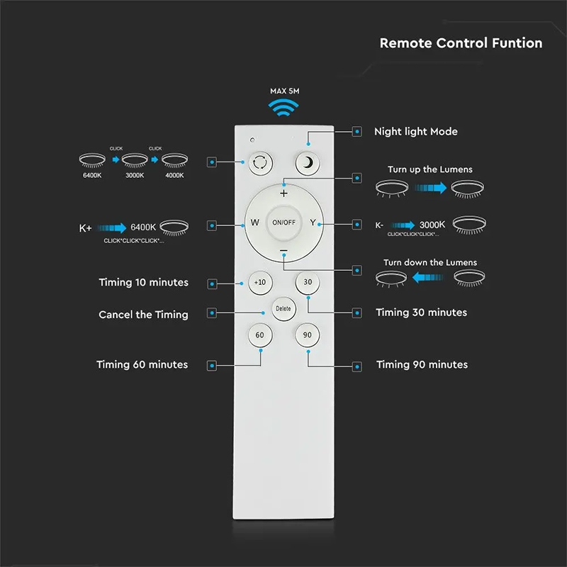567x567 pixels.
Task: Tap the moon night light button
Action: (308, 163)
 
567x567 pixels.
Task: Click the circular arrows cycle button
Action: (260, 163)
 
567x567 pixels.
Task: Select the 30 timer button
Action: (308, 282)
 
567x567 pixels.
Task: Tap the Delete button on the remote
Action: (283, 309)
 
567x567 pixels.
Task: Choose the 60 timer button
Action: (260, 335)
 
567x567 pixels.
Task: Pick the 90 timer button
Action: (308, 335)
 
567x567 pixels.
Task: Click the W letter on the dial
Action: (255, 223)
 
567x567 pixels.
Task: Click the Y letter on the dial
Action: (313, 223)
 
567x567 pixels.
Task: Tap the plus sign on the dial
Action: (284, 193)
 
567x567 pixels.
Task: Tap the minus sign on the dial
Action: (284, 250)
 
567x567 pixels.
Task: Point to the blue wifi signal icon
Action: (283, 108)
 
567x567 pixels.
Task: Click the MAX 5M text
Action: (285, 91)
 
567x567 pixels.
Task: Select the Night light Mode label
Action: (416, 132)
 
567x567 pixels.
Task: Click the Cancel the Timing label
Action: (144, 315)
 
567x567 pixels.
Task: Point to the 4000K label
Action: (174, 175)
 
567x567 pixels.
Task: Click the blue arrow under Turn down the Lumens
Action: (428, 277)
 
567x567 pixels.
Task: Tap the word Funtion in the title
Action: (517, 43)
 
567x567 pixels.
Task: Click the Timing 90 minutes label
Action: (422, 364)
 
